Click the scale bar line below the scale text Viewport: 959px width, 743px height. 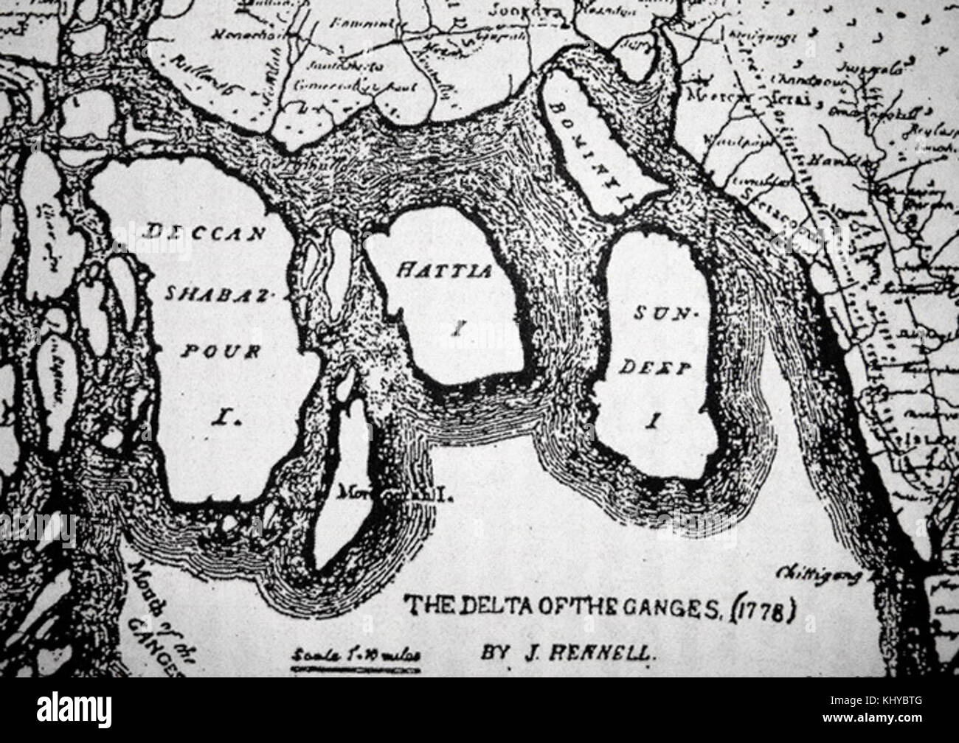[x=356, y=669]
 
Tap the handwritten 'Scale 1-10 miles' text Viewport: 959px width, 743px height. [x=356, y=655]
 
